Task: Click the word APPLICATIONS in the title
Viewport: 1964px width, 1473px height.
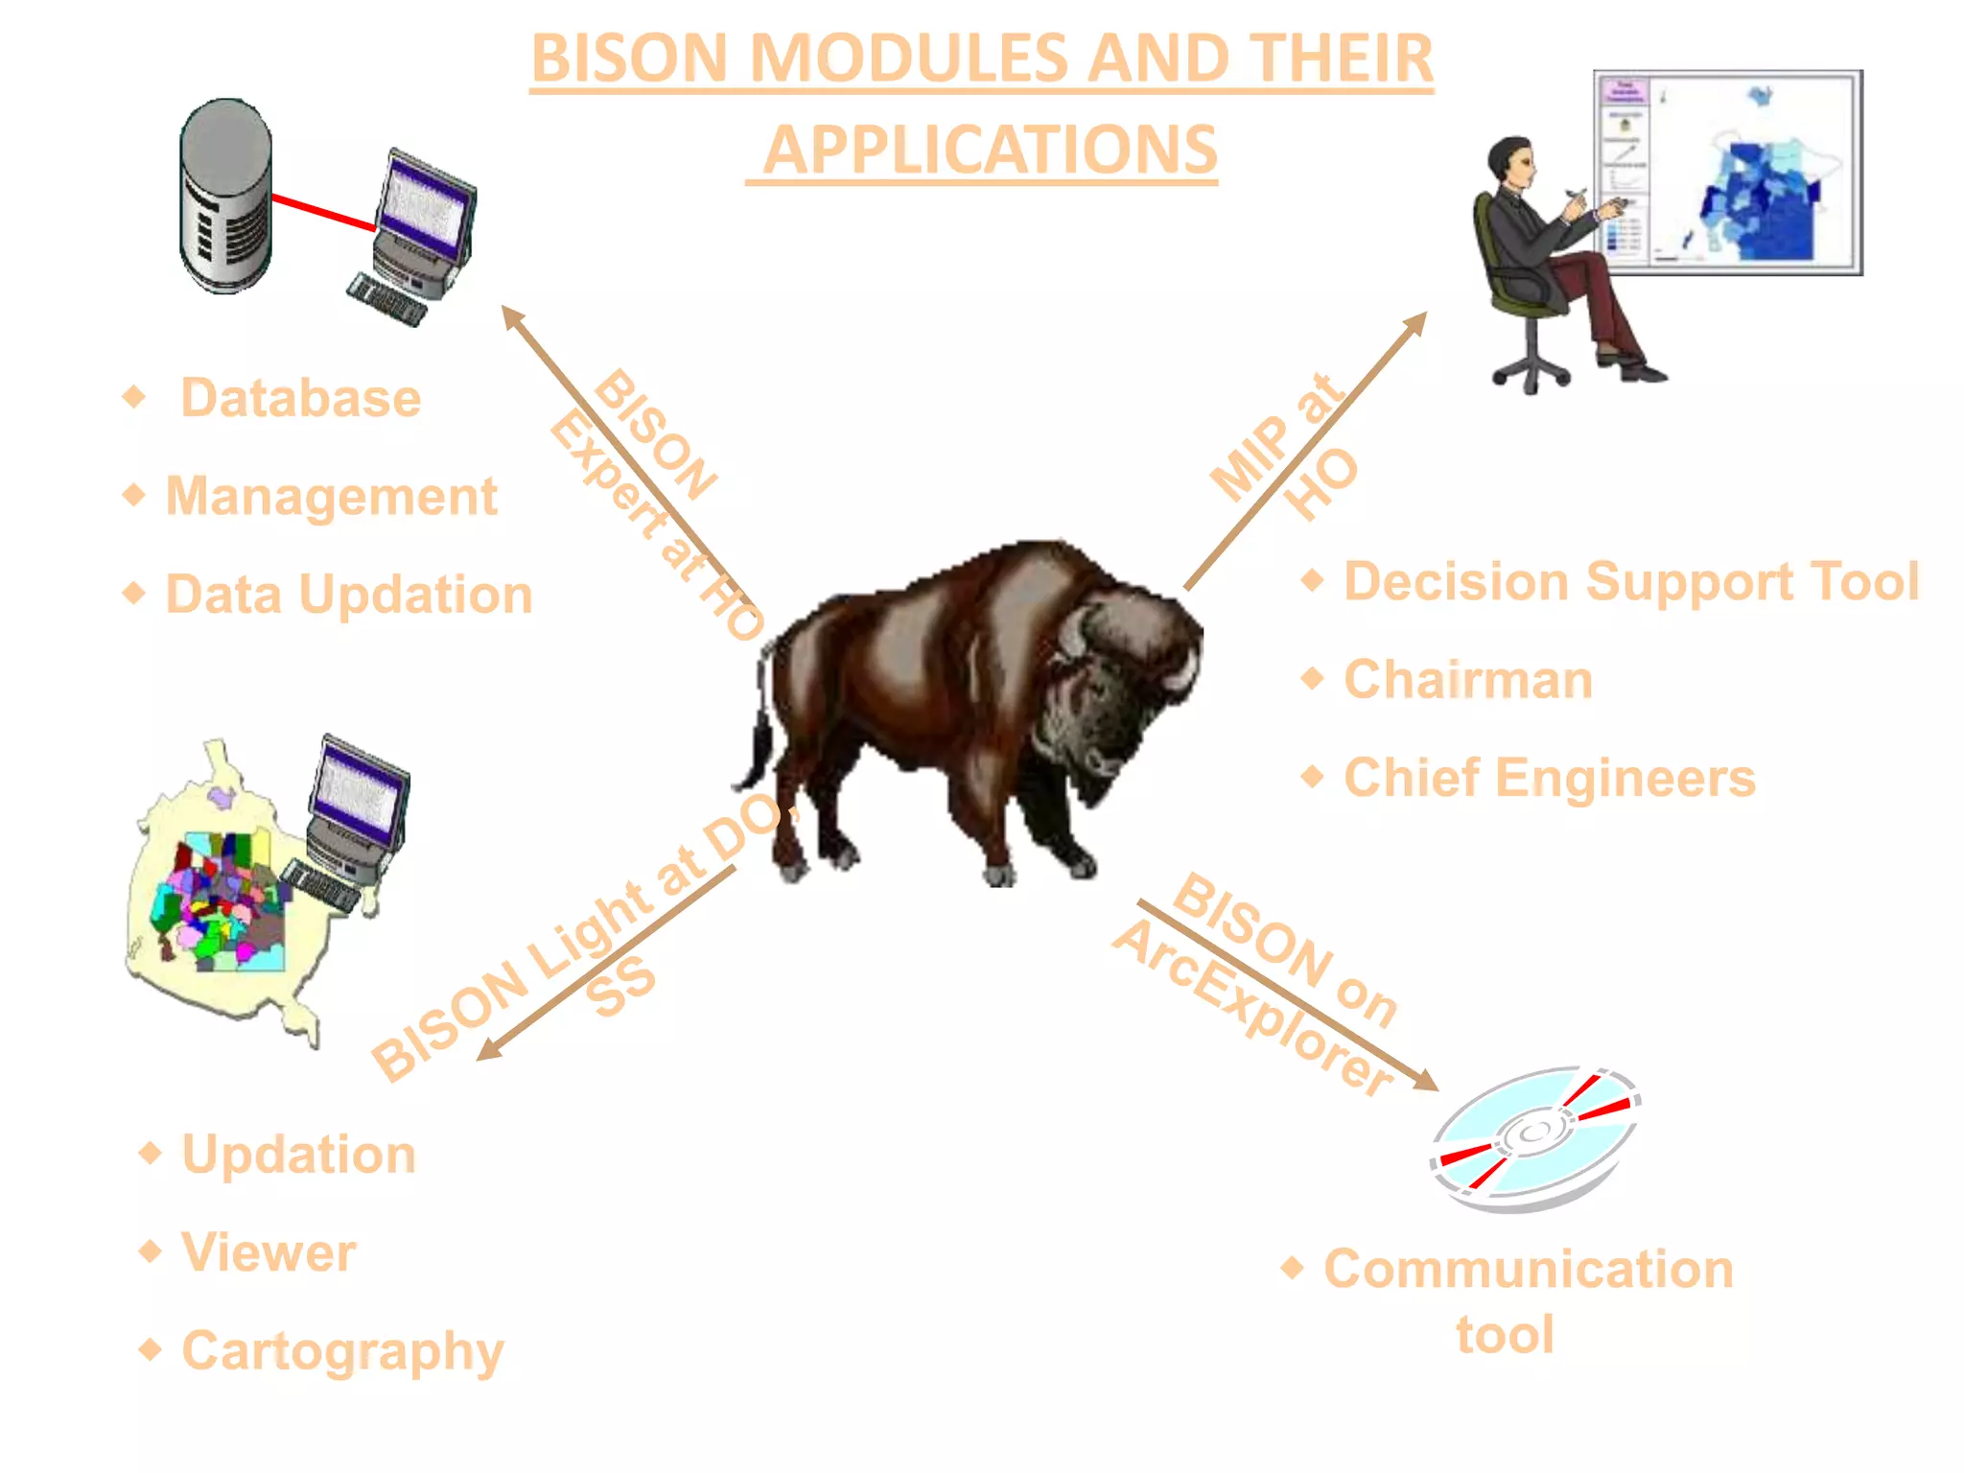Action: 990,151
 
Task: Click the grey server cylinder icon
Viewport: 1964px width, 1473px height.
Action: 225,197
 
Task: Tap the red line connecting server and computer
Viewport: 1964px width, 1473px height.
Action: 322,212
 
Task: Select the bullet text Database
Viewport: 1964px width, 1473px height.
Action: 300,398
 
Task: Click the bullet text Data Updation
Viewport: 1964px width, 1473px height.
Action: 348,595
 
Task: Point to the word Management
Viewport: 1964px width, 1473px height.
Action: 331,496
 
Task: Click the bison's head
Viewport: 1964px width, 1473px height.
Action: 1122,690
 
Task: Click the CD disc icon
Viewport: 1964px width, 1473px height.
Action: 1534,1136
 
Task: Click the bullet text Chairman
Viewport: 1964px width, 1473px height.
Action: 1467,680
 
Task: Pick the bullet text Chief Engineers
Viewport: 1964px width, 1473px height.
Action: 1549,778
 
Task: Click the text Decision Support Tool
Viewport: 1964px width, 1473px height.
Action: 1630,581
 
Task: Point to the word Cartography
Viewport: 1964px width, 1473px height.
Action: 342,1351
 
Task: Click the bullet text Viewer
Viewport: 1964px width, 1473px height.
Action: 269,1252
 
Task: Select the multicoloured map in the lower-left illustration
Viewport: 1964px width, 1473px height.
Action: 216,901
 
